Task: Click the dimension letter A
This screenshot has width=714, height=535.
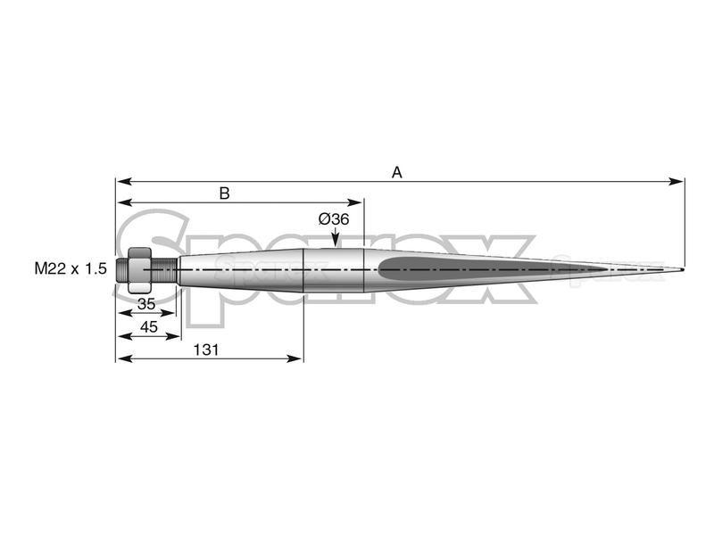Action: [x=397, y=173]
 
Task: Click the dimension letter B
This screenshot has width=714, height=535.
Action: [x=225, y=193]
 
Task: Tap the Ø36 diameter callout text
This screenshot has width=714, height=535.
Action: [x=334, y=219]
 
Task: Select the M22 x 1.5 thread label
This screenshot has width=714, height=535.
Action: [x=71, y=269]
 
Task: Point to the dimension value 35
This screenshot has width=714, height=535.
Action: [x=146, y=304]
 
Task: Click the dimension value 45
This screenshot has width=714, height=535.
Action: [x=149, y=326]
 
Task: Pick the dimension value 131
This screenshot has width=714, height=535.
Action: [x=206, y=350]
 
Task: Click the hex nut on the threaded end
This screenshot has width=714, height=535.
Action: [x=140, y=270]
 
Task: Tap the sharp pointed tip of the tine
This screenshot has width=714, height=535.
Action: [x=683, y=270]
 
